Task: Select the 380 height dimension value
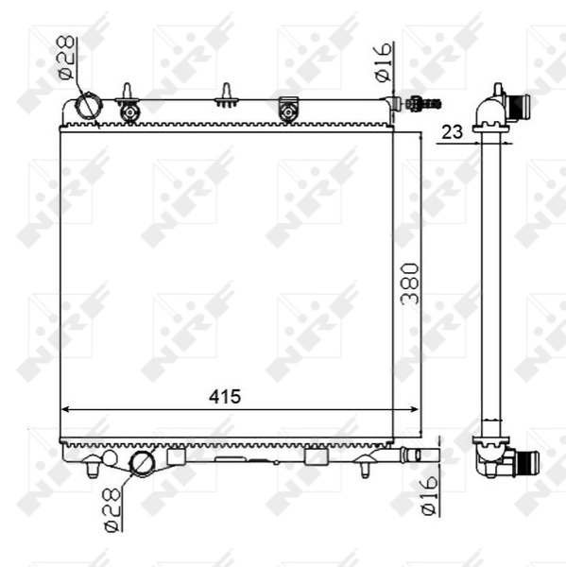(410, 283)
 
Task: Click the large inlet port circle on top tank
(88, 108)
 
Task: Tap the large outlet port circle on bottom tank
(142, 463)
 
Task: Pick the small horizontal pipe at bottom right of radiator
(420, 455)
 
